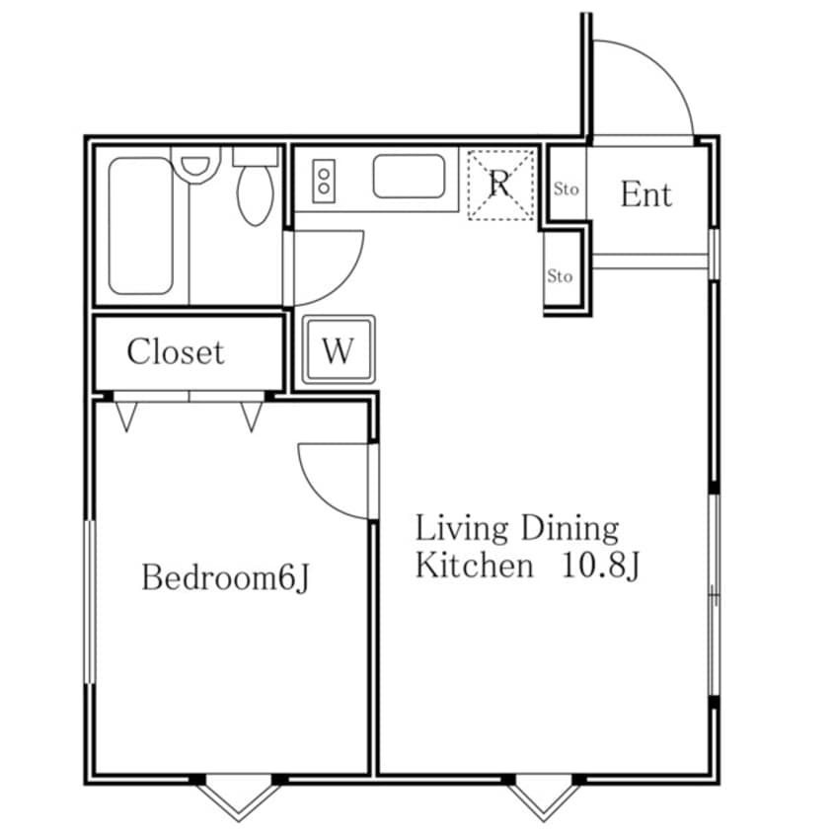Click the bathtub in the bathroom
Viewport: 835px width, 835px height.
[140, 225]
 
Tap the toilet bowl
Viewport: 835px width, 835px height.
[255, 194]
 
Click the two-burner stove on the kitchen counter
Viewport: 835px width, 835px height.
[324, 181]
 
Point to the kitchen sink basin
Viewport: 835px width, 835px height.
[409, 177]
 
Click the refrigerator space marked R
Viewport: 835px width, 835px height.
[500, 185]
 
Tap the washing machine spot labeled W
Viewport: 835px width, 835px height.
[339, 349]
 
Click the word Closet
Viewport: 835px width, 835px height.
[176, 352]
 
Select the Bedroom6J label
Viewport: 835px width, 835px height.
[225, 577]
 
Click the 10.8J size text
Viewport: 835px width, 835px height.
[600, 566]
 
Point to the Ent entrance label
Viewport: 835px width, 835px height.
[645, 193]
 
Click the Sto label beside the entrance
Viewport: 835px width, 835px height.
[567, 189]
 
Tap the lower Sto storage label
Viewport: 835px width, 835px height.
[560, 275]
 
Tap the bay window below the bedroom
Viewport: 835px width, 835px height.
[239, 797]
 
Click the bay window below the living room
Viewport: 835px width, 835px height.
[544, 797]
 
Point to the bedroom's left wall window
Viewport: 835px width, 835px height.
[90, 602]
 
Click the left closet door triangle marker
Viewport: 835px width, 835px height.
[126, 417]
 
